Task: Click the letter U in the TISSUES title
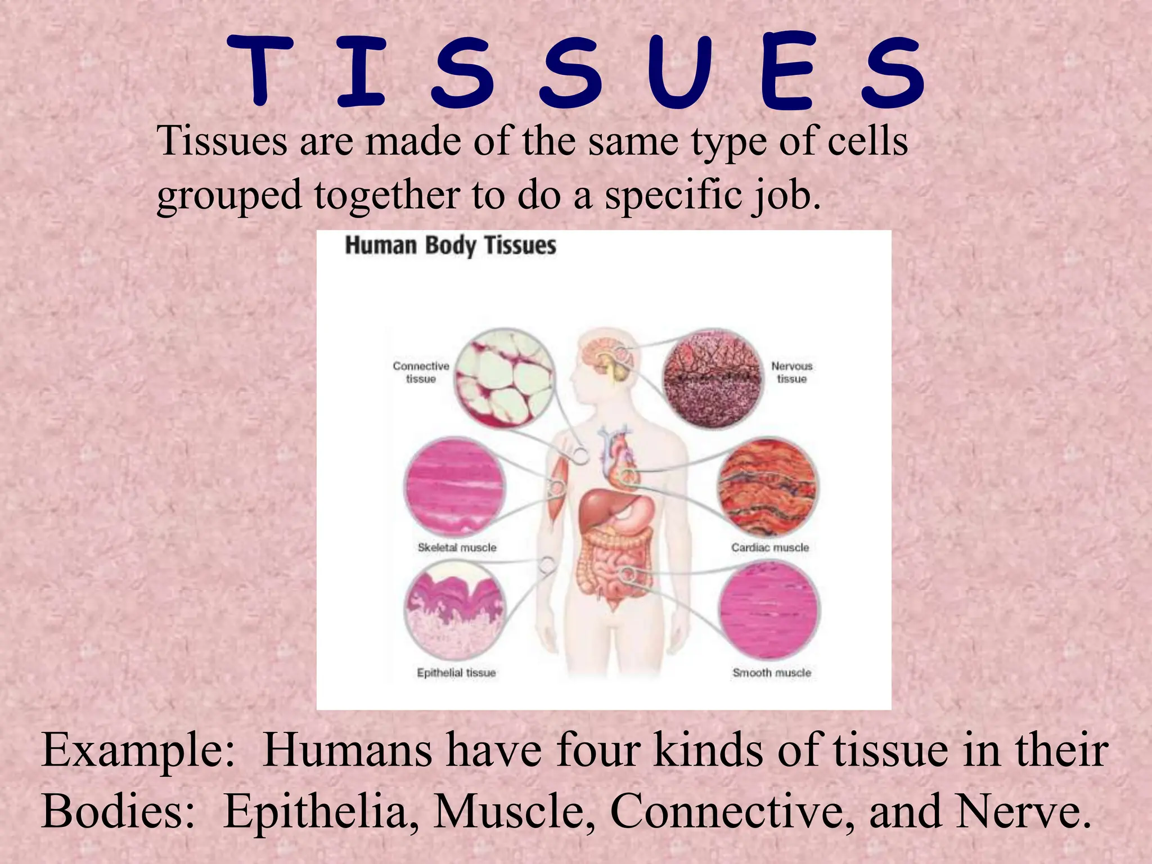pyautogui.click(x=680, y=71)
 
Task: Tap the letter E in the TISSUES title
pyautogui.click(x=786, y=71)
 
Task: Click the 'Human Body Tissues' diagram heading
pyautogui.click(x=450, y=246)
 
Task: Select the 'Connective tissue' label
pyautogui.click(x=421, y=372)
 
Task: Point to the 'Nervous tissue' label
pyautogui.click(x=791, y=372)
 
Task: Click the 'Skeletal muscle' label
pyautogui.click(x=457, y=547)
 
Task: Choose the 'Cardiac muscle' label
pyautogui.click(x=769, y=547)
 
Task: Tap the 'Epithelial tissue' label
pyautogui.click(x=456, y=673)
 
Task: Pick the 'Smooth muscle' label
pyautogui.click(x=771, y=673)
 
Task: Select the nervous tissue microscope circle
pyautogui.click(x=712, y=378)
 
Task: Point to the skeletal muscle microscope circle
pyautogui.click(x=454, y=487)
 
